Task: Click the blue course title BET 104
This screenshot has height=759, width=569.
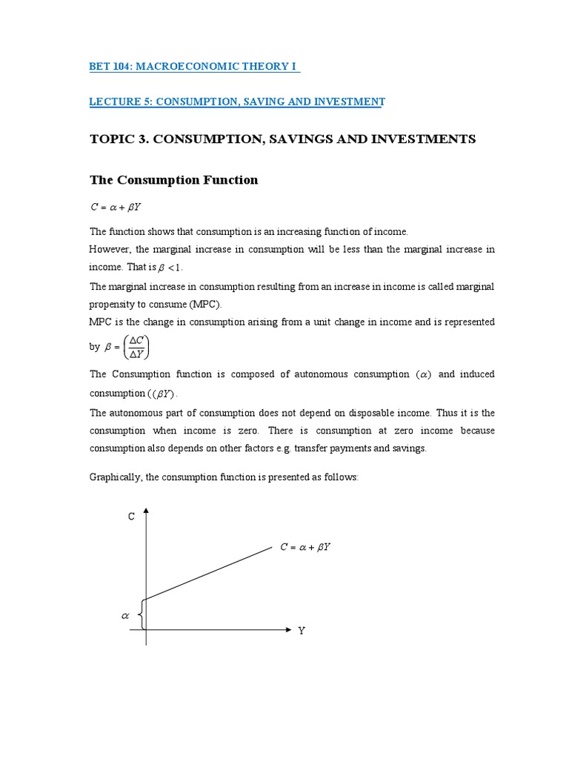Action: tap(193, 67)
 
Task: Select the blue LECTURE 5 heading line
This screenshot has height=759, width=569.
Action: tap(237, 102)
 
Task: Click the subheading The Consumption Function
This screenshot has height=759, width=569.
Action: tap(173, 180)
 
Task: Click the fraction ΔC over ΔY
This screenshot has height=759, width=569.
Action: tap(136, 346)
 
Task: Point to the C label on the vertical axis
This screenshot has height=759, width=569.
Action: tap(131, 517)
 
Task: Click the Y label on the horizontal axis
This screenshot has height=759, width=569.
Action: tap(302, 632)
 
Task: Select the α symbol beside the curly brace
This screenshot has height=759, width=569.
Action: tap(125, 615)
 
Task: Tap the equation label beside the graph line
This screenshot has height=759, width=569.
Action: tap(305, 548)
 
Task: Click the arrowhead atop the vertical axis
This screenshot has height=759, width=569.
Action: tap(146, 511)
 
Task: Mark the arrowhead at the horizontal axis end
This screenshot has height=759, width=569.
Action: tap(288, 629)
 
